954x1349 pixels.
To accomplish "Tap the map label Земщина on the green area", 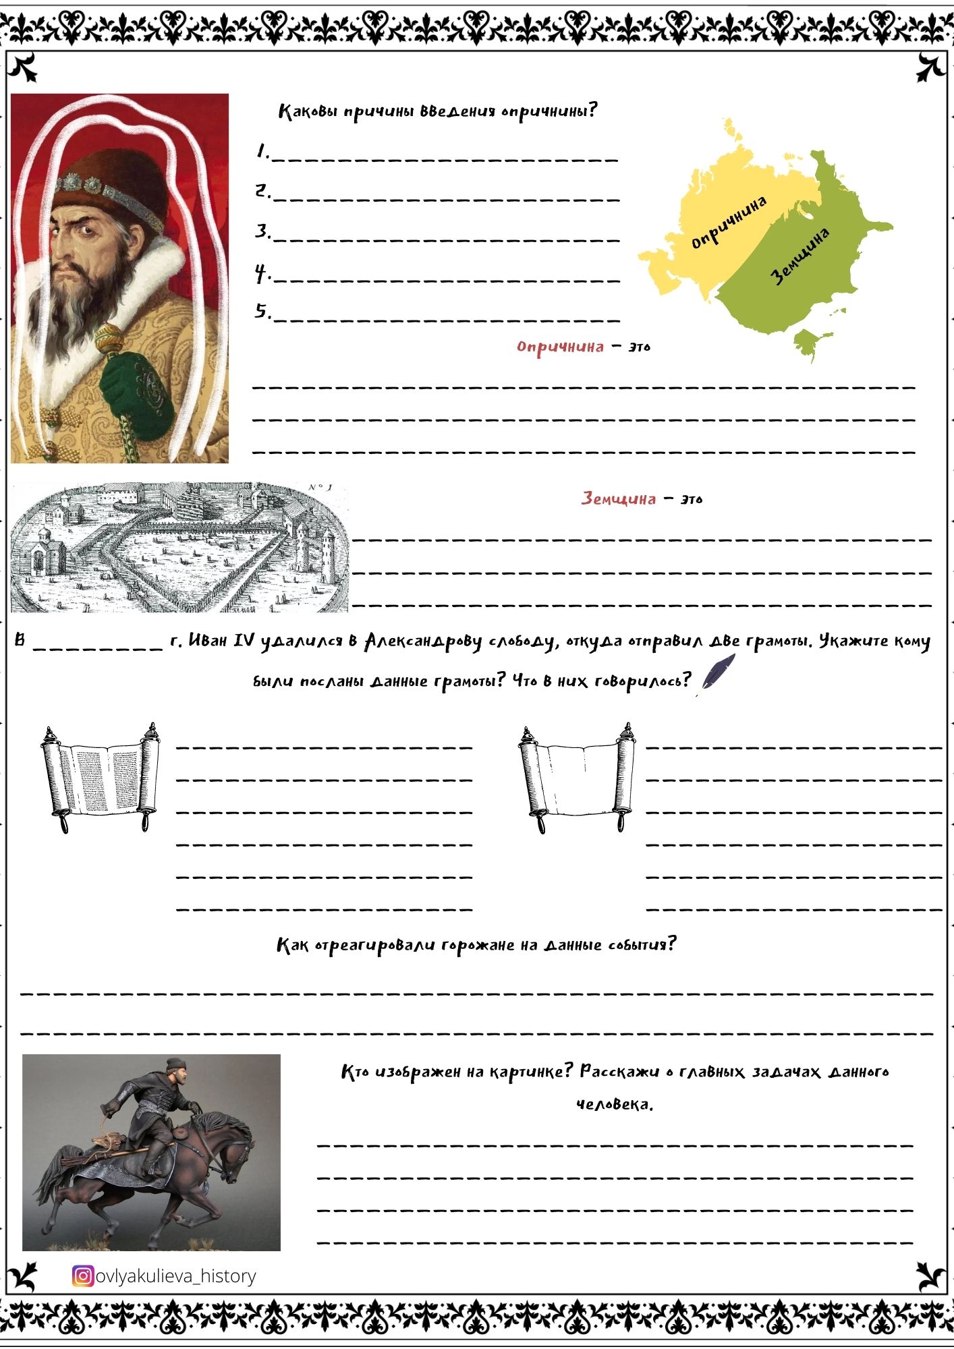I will click(x=800, y=256).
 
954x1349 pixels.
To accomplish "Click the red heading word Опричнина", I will click(x=559, y=347).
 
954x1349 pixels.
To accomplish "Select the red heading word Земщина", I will click(x=618, y=499).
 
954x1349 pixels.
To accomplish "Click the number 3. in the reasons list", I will click(x=262, y=231).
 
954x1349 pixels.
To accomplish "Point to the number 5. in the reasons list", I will click(x=262, y=311).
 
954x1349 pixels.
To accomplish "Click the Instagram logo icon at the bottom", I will click(x=82, y=1275).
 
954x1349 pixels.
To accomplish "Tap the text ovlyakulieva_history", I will click(x=176, y=1276).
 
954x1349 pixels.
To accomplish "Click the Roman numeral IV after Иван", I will click(x=244, y=640).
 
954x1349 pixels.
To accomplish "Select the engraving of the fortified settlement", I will click(x=179, y=547).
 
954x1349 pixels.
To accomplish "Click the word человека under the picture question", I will click(x=614, y=1104).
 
